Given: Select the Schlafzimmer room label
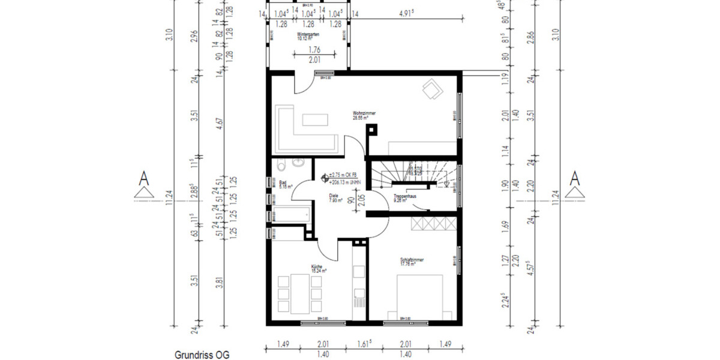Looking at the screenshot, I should (412, 261).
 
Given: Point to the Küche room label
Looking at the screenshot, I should (317, 268).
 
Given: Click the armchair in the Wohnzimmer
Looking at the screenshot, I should (431, 90).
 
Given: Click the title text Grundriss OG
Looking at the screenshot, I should (202, 355).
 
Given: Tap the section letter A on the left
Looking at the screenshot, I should (144, 178).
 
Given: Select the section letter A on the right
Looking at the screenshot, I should (575, 178).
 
